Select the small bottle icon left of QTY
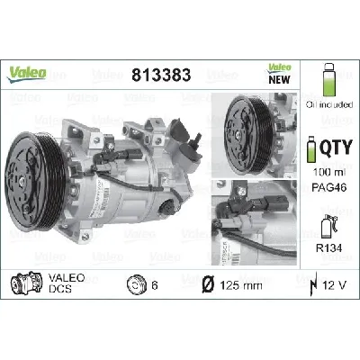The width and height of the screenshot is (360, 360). (311, 148)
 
